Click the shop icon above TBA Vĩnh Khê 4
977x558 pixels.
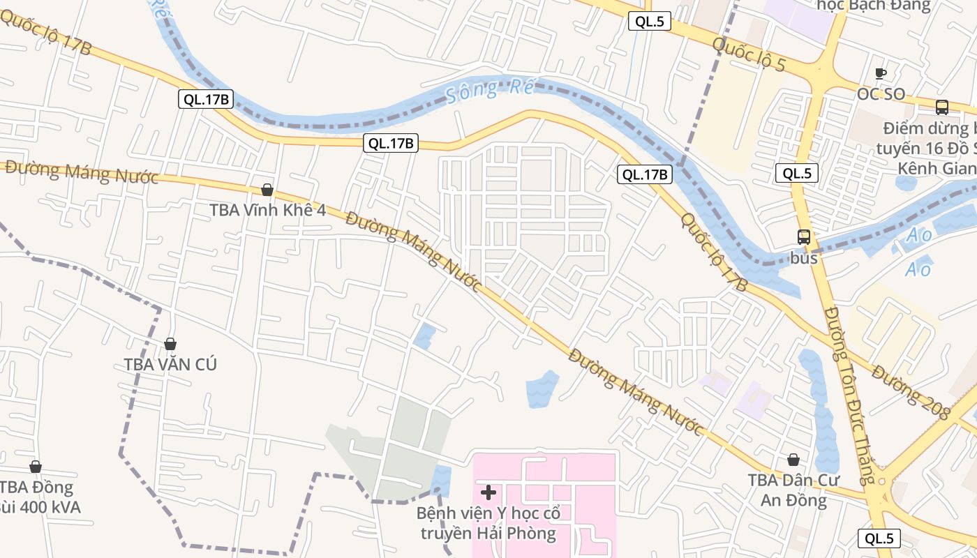coord(267,190)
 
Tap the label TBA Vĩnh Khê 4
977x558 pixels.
coord(267,210)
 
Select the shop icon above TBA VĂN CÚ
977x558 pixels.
coord(170,344)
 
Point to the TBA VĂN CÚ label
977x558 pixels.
coord(170,364)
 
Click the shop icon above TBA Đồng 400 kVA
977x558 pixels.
coord(36,467)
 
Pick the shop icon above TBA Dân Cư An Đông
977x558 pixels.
coord(793,460)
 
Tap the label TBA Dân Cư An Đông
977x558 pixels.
coord(793,490)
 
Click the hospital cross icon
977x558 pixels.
coord(488,492)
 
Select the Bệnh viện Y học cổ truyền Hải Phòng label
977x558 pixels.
coord(488,524)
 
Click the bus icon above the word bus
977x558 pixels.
coord(804,237)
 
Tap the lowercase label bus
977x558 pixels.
coord(804,258)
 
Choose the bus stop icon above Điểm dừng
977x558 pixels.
coord(942,107)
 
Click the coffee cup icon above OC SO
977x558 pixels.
coord(881,73)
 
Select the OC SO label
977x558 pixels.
coord(881,94)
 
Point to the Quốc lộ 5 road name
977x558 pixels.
coord(749,54)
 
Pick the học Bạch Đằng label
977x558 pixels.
coord(874,6)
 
